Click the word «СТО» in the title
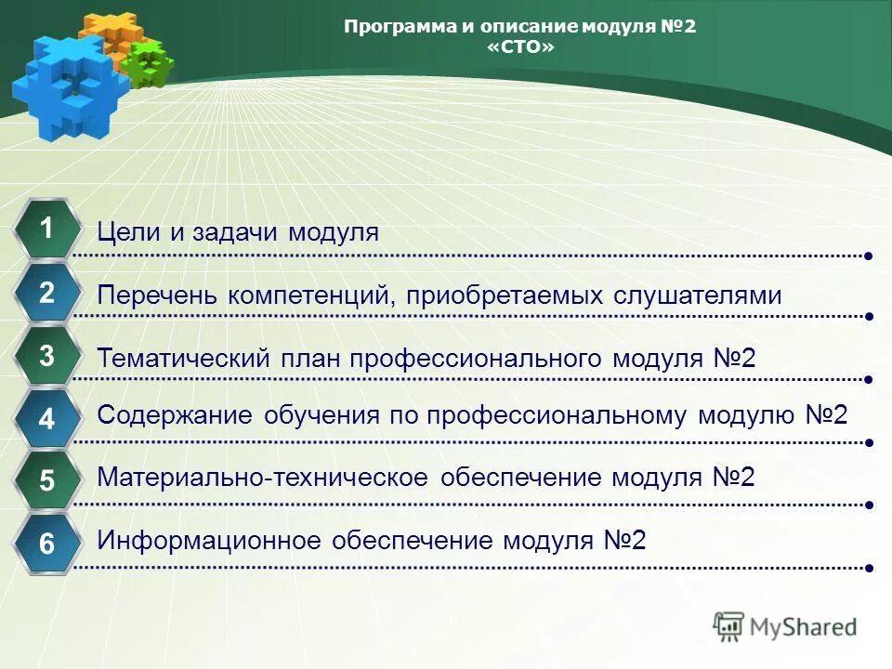click(x=519, y=46)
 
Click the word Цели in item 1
click(x=129, y=232)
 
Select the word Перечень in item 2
click(x=158, y=295)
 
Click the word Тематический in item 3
click(x=183, y=358)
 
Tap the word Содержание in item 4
click(x=175, y=415)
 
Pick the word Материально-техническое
click(x=262, y=478)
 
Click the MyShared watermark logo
click(x=786, y=627)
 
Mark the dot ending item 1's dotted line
click(x=868, y=255)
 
